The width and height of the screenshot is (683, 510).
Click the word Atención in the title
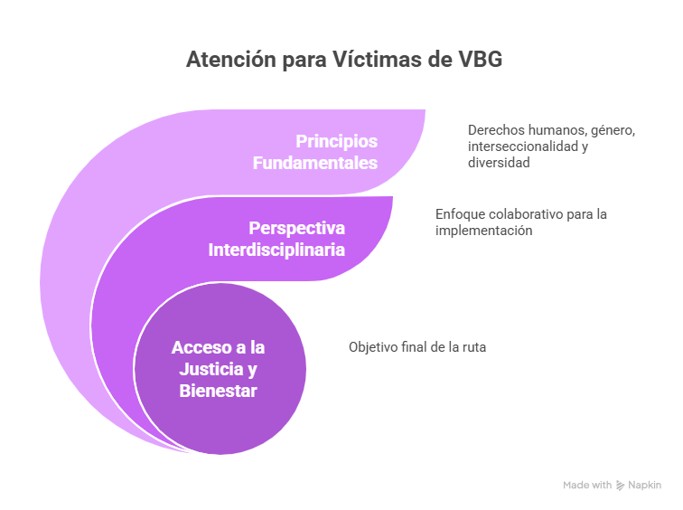point(231,59)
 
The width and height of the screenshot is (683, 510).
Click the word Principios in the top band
point(337,141)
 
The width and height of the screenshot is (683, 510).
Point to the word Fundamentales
point(315,163)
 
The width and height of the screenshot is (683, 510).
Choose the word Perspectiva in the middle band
point(296,228)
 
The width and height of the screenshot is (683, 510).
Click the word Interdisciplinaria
point(276,250)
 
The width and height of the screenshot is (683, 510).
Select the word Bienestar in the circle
point(219,391)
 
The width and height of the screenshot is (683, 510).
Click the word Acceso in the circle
point(201,347)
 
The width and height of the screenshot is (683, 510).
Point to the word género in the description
point(613,130)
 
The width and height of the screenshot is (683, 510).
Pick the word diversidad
point(499,163)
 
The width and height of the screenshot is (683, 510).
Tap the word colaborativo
point(529,214)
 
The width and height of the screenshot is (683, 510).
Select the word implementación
point(484,231)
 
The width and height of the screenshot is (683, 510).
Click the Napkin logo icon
point(620,486)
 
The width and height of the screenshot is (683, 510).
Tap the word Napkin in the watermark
point(645,486)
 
